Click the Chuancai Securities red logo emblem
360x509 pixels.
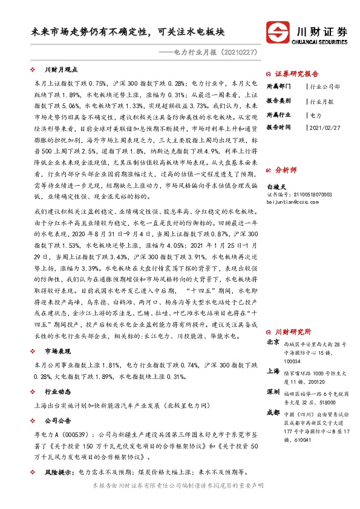click(x=278, y=32)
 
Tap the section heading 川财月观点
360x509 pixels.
click(x=61, y=70)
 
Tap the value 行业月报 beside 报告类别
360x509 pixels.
click(x=324, y=101)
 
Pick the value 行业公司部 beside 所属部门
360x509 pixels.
click(x=327, y=88)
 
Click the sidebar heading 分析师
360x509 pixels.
click(x=287, y=171)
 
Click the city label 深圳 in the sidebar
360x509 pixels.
click(x=273, y=392)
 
